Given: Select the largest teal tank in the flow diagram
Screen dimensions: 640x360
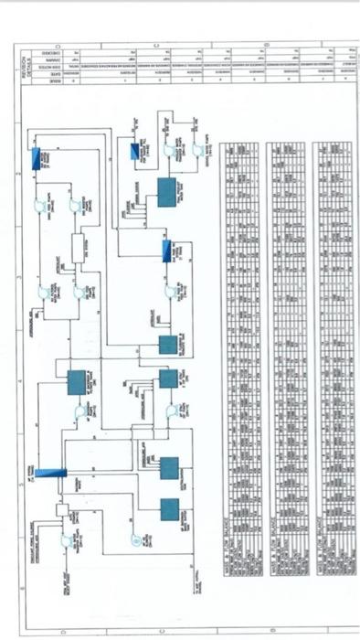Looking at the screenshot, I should point(170,192).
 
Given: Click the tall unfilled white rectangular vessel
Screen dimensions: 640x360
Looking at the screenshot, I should point(79,248).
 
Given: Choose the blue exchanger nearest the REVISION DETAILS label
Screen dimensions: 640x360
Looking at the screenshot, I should point(37,159).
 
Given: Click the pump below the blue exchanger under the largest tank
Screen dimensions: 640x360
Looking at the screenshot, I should point(169,291).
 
